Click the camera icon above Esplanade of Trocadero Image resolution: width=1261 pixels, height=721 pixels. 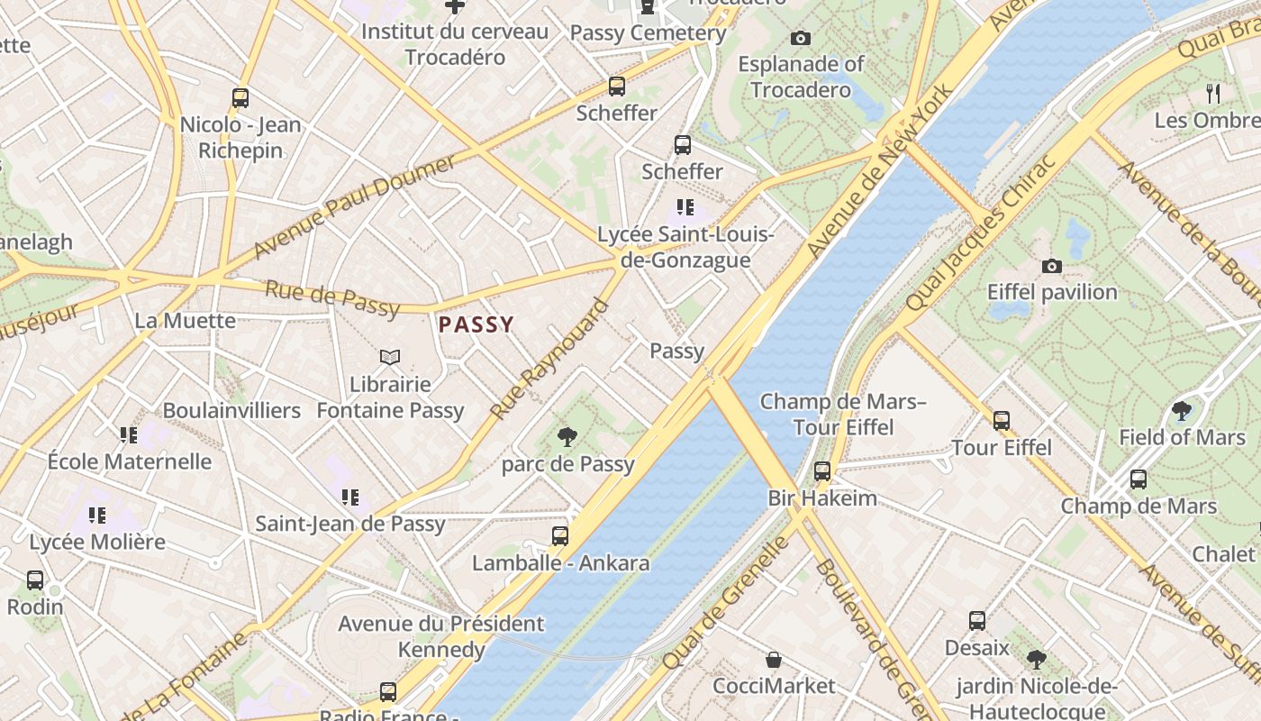coord(800,38)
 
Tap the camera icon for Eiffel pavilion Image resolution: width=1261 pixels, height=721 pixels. coord(1051,266)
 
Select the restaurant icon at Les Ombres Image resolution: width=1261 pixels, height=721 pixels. coord(1213,93)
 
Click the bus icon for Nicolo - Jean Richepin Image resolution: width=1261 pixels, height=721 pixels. coord(240,98)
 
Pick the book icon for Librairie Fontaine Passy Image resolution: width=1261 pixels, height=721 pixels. coord(390,358)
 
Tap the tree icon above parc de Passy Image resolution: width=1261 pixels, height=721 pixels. coord(567,438)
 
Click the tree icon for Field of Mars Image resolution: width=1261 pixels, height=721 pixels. coord(1182,412)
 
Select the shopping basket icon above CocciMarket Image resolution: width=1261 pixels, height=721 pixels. coord(774,660)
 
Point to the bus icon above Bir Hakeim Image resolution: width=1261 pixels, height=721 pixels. coord(822,470)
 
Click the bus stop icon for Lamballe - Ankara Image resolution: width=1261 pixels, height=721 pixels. coord(560,536)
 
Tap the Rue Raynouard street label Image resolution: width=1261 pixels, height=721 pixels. coord(549,360)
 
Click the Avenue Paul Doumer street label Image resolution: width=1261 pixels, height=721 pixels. coord(355,206)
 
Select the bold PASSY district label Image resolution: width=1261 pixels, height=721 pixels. coord(476,324)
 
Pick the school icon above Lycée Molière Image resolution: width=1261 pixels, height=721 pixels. coord(97,516)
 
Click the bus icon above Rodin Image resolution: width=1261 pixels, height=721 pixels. coord(35,580)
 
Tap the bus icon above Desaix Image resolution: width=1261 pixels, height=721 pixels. coord(977,621)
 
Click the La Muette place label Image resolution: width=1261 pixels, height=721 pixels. coord(185,320)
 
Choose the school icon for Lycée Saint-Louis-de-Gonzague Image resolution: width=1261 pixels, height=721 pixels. coord(685,208)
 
